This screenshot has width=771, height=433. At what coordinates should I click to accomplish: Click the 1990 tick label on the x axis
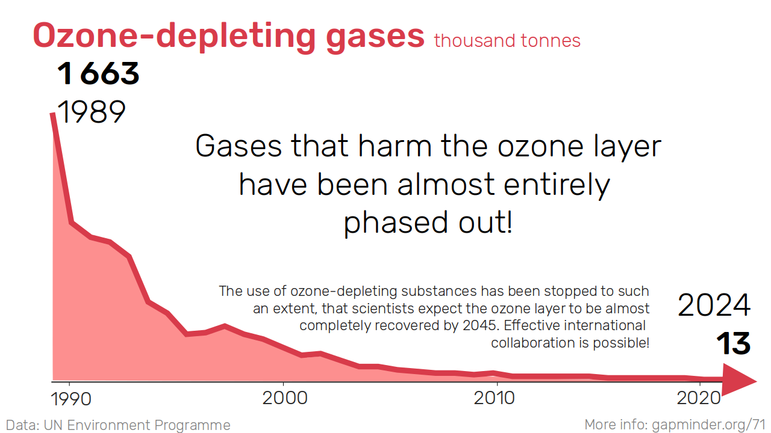tap(71, 399)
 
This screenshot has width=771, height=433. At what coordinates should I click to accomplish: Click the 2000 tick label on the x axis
tap(285, 398)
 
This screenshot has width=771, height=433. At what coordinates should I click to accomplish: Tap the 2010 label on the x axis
tap(495, 398)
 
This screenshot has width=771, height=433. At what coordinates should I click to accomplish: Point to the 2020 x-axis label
tap(699, 398)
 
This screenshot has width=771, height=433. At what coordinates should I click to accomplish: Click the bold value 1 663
tap(98, 73)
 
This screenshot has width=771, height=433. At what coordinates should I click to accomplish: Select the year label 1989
tap(91, 112)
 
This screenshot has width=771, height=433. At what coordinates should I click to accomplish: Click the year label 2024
tap(714, 305)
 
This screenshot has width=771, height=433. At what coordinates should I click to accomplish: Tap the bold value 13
tap(734, 343)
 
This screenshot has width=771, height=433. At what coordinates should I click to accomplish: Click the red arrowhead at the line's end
tap(738, 380)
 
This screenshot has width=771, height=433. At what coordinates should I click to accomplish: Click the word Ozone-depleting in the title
tap(174, 35)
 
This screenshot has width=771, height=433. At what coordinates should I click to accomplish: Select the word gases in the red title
tap(375, 38)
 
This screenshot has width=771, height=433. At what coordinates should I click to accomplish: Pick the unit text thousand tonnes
tap(507, 40)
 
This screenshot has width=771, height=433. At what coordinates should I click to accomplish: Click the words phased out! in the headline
tap(428, 223)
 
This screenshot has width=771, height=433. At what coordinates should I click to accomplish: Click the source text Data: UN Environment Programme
tap(118, 425)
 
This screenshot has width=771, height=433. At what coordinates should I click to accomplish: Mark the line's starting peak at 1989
tap(52, 114)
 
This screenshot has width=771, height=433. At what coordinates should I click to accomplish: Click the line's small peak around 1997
tap(225, 325)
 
